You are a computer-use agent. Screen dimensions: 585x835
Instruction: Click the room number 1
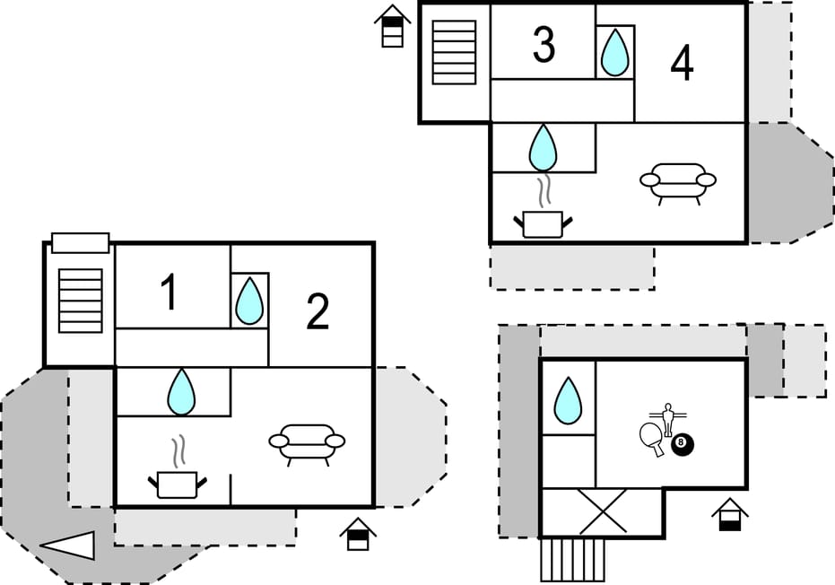[x=169, y=293]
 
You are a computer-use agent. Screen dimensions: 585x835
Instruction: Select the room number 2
[x=317, y=311]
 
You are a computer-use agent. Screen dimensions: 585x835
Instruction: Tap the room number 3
[x=544, y=45]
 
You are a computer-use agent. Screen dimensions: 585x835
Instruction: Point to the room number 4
[x=682, y=64]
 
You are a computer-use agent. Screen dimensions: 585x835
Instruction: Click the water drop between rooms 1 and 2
[x=249, y=301]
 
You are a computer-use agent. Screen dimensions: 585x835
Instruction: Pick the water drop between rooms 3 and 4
[x=614, y=52]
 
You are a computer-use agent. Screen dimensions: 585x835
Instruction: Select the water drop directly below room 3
[x=543, y=148]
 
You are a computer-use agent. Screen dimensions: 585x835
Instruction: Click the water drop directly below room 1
[x=181, y=392]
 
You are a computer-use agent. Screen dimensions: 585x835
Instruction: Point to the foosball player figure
[x=667, y=417]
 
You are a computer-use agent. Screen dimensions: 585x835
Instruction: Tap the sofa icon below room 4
[x=678, y=181]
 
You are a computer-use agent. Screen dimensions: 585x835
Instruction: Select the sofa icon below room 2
[x=307, y=442]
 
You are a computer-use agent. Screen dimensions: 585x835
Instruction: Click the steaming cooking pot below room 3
[x=542, y=214]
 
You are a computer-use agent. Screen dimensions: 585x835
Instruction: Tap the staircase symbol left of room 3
[x=454, y=53]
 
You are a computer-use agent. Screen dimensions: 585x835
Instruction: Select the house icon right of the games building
[x=730, y=515]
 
